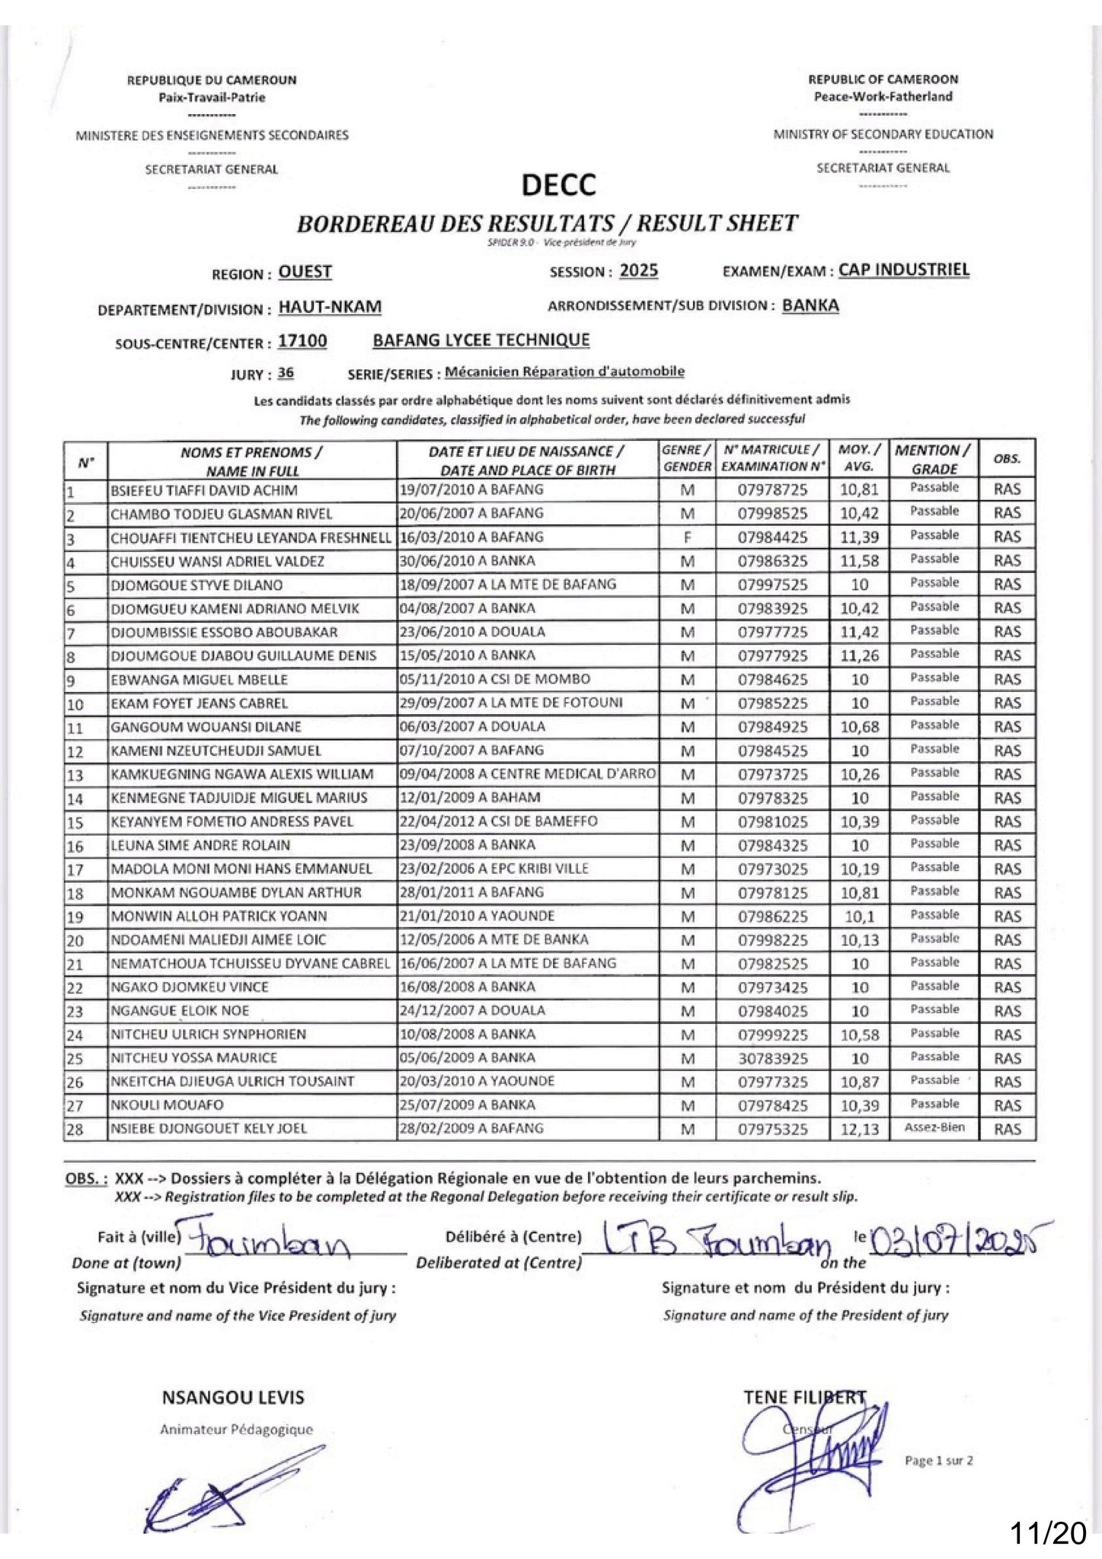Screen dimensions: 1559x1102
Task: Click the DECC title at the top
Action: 558,185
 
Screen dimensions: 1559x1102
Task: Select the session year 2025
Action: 638,271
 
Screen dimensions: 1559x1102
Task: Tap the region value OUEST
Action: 305,272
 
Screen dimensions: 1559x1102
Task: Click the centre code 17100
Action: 302,341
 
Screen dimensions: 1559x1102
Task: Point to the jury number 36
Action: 286,373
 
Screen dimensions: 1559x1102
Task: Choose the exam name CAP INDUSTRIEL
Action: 903,269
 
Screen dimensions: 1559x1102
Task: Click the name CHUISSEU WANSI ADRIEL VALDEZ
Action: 217,562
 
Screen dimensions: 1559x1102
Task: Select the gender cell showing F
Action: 687,537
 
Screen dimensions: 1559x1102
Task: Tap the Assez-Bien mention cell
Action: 934,1127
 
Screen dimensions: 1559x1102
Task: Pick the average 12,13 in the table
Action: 859,1130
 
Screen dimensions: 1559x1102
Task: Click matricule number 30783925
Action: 772,1059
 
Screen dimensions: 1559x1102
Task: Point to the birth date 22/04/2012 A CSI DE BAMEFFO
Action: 498,821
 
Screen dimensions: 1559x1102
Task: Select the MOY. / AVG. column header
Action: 859,458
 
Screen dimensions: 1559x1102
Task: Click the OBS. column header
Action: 1007,459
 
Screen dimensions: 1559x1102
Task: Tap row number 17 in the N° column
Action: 75,869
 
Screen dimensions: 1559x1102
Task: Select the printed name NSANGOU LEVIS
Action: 233,1398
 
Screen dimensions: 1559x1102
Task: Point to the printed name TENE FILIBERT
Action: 804,1397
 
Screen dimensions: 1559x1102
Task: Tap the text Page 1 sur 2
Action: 938,1461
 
